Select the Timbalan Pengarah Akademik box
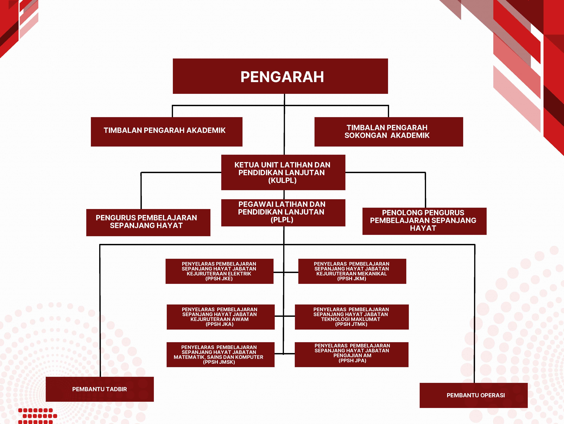click(166, 132)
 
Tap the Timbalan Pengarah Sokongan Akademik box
click(389, 132)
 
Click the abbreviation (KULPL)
click(282, 181)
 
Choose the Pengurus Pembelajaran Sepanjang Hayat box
click(148, 222)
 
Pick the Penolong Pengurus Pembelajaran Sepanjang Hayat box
click(424, 221)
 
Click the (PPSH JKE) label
click(219, 279)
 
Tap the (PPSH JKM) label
click(352, 279)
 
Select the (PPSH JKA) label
click(219, 324)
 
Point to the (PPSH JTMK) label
click(351, 324)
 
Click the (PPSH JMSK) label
click(219, 362)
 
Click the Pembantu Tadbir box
click(100, 389)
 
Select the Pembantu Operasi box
click(473, 395)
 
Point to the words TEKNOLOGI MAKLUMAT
click(351, 319)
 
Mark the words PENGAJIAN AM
click(352, 355)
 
